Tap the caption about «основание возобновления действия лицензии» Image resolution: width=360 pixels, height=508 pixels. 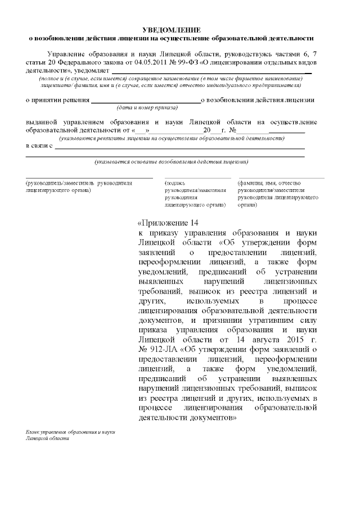tap(171, 162)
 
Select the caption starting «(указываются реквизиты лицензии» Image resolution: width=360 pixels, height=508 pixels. tap(171, 138)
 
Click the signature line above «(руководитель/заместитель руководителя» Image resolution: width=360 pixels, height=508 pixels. tap(89, 178)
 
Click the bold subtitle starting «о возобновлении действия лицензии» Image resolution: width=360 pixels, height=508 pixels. tap(171, 38)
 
